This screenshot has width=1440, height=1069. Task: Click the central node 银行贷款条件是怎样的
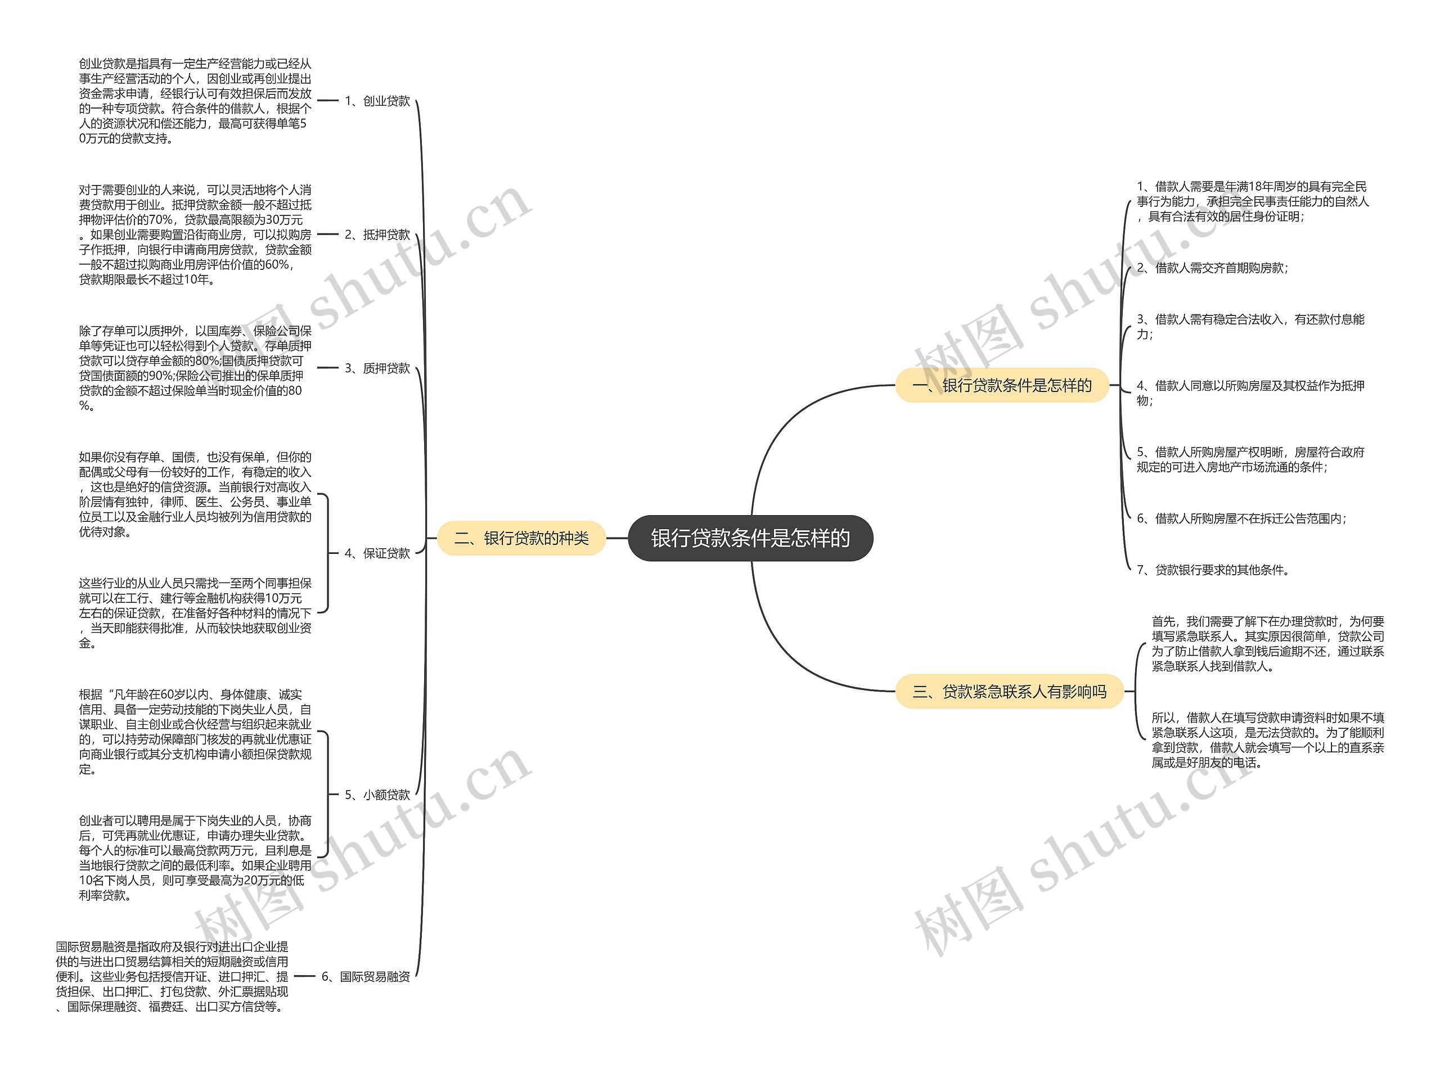(x=750, y=538)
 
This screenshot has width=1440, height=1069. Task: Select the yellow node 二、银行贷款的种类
(x=521, y=538)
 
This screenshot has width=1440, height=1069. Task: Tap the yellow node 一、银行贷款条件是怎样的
(x=1001, y=386)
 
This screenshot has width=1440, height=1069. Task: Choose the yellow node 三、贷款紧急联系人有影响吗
(x=1009, y=692)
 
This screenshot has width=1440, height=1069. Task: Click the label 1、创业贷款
(x=377, y=101)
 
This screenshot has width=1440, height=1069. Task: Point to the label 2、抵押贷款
(x=377, y=235)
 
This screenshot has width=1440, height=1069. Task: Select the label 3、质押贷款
(x=377, y=368)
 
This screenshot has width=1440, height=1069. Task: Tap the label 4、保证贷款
(x=377, y=553)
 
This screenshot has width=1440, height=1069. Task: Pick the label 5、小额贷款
(x=377, y=795)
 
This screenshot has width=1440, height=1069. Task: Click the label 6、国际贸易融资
(x=366, y=976)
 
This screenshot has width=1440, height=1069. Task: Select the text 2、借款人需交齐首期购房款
(x=1212, y=268)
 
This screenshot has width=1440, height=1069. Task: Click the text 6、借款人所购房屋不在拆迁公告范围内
(x=1241, y=518)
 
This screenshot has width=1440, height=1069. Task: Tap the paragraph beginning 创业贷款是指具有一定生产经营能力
(x=195, y=101)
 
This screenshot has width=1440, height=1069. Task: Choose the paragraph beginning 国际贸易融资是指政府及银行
(x=172, y=976)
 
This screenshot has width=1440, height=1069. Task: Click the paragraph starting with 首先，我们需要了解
(x=1267, y=644)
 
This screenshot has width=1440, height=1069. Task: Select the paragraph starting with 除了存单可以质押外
(x=195, y=368)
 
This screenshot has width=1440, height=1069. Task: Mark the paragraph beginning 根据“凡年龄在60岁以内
(x=195, y=732)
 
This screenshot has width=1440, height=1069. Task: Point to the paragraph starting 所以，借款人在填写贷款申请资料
(x=1267, y=739)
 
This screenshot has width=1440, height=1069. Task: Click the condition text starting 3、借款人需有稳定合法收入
(x=1250, y=326)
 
